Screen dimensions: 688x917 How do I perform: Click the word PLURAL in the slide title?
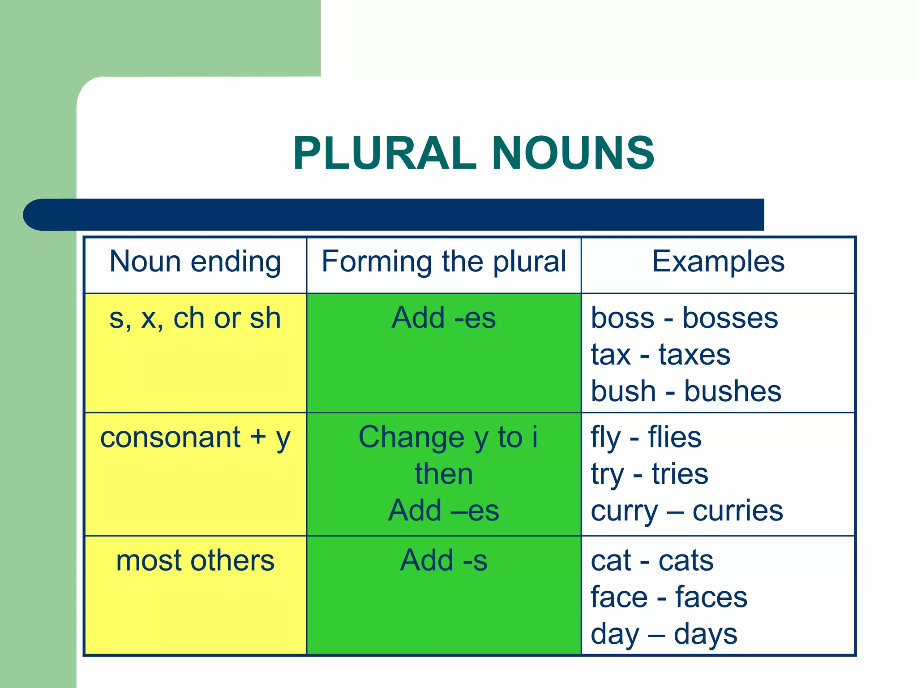[385, 154]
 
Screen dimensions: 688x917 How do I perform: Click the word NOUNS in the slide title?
[573, 154]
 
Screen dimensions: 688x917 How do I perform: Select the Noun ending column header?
[195, 262]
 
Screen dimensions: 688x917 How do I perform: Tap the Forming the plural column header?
[444, 262]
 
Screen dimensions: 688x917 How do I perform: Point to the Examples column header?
[718, 262]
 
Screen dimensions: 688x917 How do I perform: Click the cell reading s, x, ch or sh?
[195, 318]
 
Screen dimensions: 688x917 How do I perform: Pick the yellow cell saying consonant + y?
[195, 438]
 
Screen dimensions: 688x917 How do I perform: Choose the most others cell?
[195, 561]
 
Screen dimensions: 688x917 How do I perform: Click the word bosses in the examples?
[730, 318]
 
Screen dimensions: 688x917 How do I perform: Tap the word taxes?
[694, 355]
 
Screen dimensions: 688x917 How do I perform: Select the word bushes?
[733, 391]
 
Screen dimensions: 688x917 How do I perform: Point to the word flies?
[675, 438]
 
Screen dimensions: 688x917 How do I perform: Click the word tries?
[680, 474]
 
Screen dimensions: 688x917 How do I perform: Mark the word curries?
[738, 511]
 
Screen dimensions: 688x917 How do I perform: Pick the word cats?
[686, 561]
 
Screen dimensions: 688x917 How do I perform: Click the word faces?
[711, 598]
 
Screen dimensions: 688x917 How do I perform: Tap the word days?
[705, 634]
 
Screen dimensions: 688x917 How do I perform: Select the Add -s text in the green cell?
[444, 561]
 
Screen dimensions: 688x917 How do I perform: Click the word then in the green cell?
[444, 474]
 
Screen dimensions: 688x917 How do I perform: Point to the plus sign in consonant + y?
[258, 437]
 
